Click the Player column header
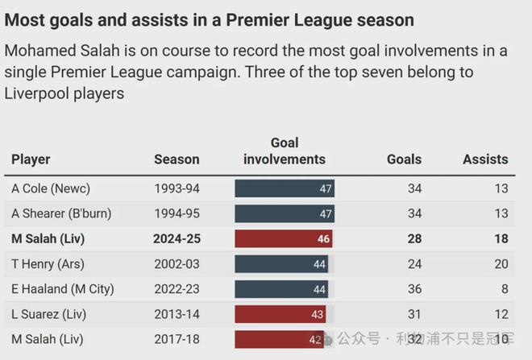pos(31,159)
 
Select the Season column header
pos(177,159)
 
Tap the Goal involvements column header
pos(285,151)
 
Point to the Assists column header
pos(485,159)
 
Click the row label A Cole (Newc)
pos(51,189)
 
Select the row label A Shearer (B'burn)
pos(61,214)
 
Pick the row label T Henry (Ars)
pos(48,264)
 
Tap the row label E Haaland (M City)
pos(63,289)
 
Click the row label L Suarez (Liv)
pos(48,314)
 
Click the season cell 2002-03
pos(177,264)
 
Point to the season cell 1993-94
pos(177,189)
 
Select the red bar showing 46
pos(283,239)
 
